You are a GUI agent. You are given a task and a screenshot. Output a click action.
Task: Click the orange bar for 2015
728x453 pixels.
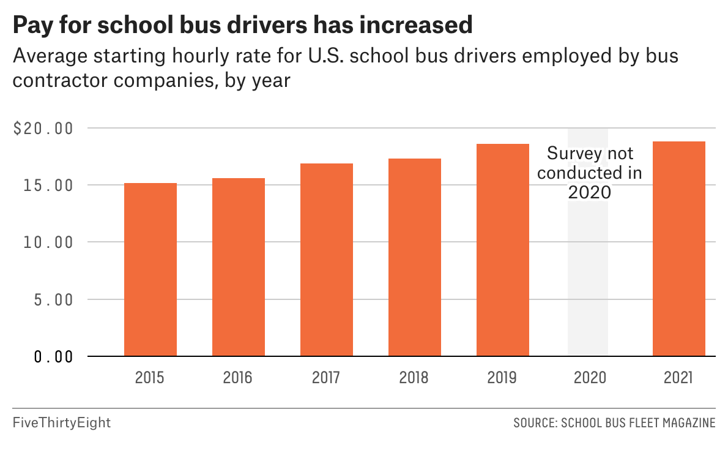click(150, 269)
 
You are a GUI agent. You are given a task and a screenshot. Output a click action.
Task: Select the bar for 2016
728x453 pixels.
click(239, 267)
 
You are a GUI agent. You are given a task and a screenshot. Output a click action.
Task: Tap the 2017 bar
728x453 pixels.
click(327, 260)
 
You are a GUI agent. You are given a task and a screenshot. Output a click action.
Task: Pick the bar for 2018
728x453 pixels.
click(415, 257)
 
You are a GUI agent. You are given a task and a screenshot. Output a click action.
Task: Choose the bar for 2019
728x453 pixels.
click(503, 250)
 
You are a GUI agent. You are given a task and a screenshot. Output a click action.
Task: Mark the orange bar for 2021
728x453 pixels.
click(679, 249)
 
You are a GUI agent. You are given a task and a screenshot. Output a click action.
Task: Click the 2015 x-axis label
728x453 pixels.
click(150, 377)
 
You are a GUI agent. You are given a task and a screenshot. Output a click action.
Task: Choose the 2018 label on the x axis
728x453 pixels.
click(414, 377)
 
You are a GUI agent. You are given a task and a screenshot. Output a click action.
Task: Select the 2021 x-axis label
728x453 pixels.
click(678, 377)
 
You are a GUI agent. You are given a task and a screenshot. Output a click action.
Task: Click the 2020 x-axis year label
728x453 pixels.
click(590, 377)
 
